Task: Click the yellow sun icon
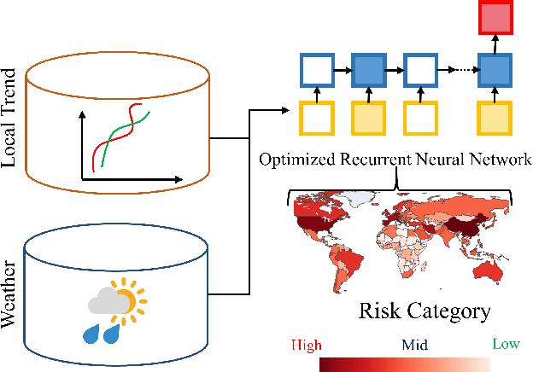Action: (130, 299)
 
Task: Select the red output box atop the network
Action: (495, 18)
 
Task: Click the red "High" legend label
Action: (306, 345)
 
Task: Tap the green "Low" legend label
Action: (507, 345)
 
